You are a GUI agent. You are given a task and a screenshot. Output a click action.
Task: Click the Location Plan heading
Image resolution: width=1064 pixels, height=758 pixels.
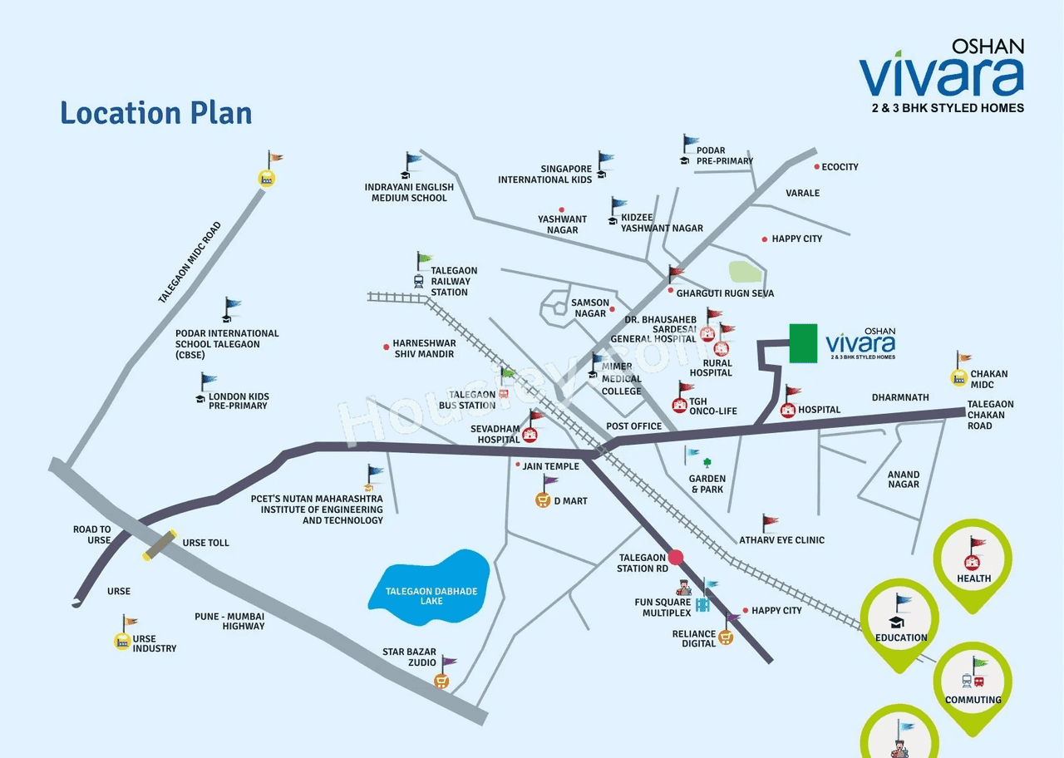(156, 112)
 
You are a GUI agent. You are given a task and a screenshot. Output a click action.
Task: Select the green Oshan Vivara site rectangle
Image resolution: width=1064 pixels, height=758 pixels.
(803, 343)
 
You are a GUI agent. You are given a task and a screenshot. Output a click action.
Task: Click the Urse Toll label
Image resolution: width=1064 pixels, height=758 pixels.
(206, 543)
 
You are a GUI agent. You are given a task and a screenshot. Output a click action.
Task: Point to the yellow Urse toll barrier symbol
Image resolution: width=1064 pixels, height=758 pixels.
(160, 545)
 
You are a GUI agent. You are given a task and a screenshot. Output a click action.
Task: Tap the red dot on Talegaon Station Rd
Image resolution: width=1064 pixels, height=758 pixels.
(676, 557)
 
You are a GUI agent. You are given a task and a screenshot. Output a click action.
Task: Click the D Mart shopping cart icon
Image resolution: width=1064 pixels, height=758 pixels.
(543, 500)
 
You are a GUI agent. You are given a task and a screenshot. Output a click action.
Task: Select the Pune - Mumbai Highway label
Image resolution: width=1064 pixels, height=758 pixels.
(229, 621)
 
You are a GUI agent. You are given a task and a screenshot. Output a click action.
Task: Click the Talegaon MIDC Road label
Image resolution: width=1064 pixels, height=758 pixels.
(190, 262)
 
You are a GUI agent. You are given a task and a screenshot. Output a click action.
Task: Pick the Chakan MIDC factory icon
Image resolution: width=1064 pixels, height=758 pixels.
(959, 378)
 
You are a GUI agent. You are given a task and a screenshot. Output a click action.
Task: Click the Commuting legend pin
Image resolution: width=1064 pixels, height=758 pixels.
(973, 684)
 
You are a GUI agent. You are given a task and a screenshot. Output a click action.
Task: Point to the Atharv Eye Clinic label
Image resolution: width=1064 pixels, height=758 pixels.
(782, 540)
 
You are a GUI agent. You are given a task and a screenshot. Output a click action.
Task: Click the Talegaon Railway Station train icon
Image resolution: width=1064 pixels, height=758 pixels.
(419, 281)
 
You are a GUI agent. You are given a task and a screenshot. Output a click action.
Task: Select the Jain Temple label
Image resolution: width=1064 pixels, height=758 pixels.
(551, 466)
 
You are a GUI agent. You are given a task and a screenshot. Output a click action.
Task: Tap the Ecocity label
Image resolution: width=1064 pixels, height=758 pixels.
(840, 167)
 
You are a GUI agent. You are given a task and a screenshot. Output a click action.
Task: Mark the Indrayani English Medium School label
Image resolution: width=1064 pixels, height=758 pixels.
(409, 193)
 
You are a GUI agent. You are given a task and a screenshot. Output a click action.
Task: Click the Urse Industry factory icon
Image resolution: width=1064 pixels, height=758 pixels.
(123, 641)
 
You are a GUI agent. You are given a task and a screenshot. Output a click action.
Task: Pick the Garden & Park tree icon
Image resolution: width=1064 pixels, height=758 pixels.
(707, 463)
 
